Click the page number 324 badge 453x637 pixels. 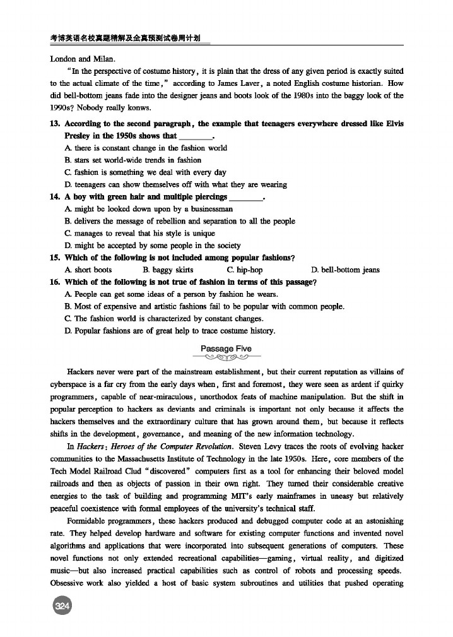(x=62, y=607)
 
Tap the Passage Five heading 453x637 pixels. (x=226, y=348)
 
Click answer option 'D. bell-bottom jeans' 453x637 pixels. (x=346, y=270)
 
